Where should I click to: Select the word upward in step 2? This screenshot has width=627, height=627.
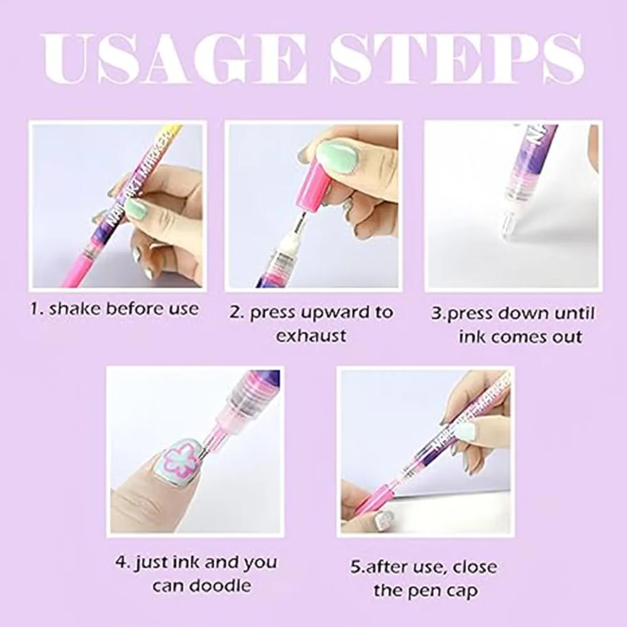(x=337, y=313)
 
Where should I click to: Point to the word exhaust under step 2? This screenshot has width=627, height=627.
(x=311, y=335)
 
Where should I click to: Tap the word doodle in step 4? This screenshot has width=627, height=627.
(x=220, y=586)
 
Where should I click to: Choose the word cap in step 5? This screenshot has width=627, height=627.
(x=465, y=592)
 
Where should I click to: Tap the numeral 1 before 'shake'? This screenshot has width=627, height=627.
(x=34, y=308)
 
